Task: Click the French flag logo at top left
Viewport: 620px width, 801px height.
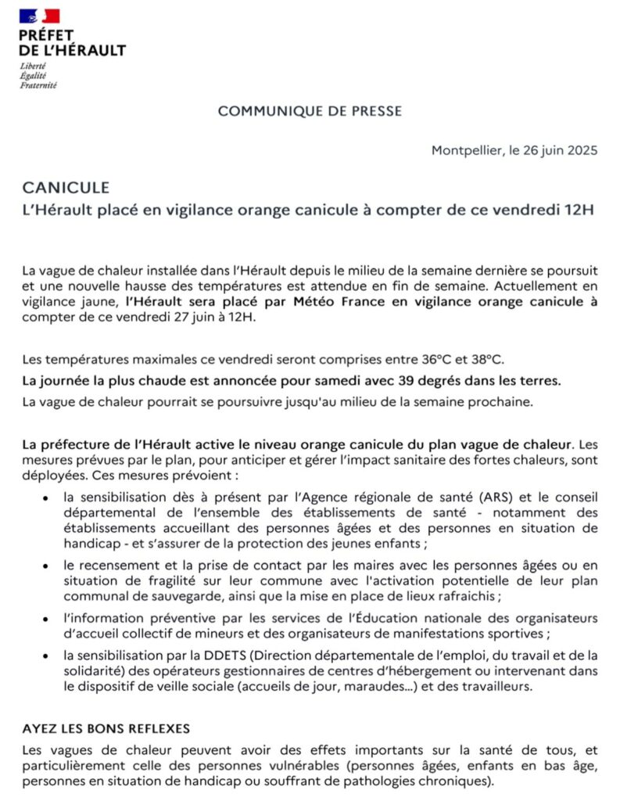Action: point(40,16)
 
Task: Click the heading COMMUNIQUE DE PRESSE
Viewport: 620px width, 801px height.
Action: point(310,111)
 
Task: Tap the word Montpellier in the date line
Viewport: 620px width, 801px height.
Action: point(467,150)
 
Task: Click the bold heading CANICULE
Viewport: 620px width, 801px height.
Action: point(66,188)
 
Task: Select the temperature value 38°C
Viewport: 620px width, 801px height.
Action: point(488,360)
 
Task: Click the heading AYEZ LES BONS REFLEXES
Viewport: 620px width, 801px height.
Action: point(106,728)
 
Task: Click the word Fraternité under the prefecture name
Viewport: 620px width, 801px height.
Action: point(38,84)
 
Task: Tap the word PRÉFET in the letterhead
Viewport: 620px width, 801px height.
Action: point(47,35)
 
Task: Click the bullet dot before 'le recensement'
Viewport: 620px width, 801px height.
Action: point(47,565)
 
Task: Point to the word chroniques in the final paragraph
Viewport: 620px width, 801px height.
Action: point(456,781)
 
